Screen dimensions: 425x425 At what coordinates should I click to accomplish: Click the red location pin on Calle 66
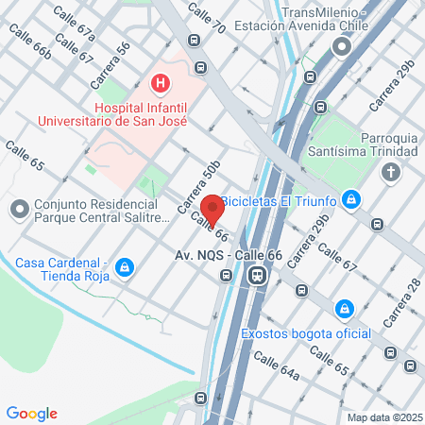coord(212,209)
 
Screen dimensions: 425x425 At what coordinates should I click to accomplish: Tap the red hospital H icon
coord(161,84)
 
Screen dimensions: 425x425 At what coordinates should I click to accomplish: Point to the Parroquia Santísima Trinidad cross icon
coord(390,171)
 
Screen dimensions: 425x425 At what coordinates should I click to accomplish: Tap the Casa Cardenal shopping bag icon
coord(124,268)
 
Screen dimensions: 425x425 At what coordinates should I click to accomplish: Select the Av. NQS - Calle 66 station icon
coord(255,276)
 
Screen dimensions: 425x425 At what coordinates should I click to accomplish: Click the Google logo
coord(32,413)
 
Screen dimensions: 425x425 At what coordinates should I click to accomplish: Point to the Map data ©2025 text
coord(382,416)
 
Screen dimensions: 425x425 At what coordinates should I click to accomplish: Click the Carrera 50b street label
coord(198,186)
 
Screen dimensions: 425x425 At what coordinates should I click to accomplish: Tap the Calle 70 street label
coord(207,20)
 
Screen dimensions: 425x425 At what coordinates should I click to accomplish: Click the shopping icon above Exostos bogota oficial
coord(346,308)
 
